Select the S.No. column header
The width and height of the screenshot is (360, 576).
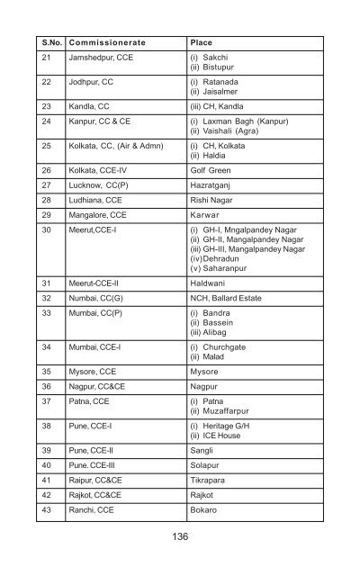[x=48, y=42]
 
